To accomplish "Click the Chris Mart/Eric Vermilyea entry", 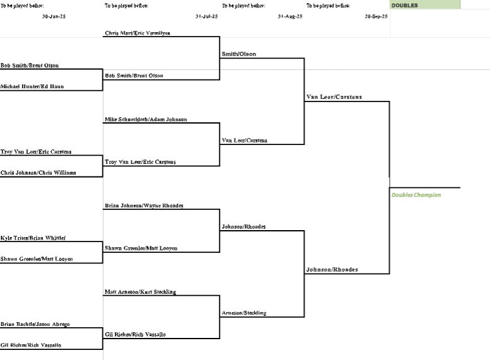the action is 137,33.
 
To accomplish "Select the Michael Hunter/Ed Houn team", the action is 32,86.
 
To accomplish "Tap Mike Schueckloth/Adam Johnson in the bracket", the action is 146,119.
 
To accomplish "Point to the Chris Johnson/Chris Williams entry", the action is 38,172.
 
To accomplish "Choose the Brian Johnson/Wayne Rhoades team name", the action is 144,206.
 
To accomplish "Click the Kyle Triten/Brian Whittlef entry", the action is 33,238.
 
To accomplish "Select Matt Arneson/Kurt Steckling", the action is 141,292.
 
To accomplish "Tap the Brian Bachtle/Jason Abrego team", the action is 35,324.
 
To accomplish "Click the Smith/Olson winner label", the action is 239,54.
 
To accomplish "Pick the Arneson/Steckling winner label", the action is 244,313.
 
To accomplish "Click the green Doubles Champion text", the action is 416,195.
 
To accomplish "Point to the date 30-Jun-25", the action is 54,16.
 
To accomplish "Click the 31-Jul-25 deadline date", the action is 206,16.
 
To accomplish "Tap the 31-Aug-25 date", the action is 290,16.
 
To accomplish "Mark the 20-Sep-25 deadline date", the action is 376,16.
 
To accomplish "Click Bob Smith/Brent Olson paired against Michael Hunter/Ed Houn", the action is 30,65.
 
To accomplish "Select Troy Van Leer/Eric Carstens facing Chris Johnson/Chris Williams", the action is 36,151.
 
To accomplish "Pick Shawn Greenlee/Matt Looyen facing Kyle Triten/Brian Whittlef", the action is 37,259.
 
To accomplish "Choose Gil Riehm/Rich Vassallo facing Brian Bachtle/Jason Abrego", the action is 31,345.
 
